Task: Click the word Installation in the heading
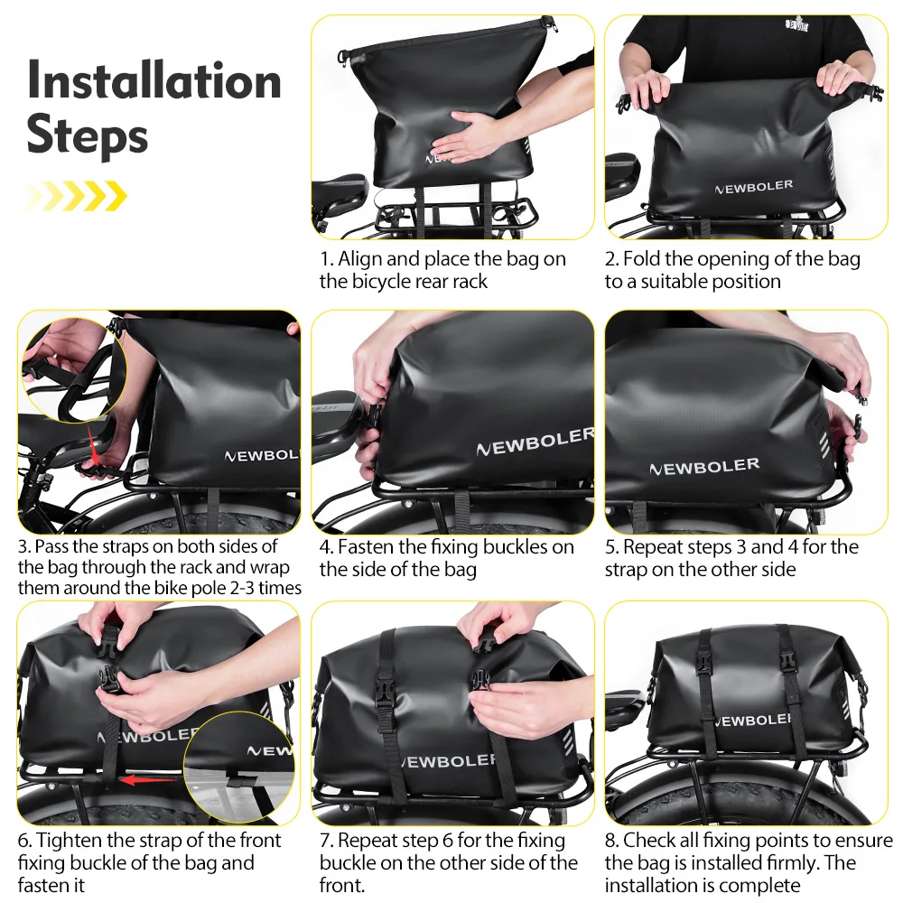(154, 80)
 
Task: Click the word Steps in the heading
(87, 135)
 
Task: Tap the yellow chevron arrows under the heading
(76, 196)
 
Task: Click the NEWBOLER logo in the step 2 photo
(754, 187)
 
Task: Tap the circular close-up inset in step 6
(238, 768)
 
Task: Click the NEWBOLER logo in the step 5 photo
(704, 467)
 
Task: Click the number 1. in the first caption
(327, 259)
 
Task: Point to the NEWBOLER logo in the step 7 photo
(448, 761)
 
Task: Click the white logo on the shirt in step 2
(796, 24)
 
